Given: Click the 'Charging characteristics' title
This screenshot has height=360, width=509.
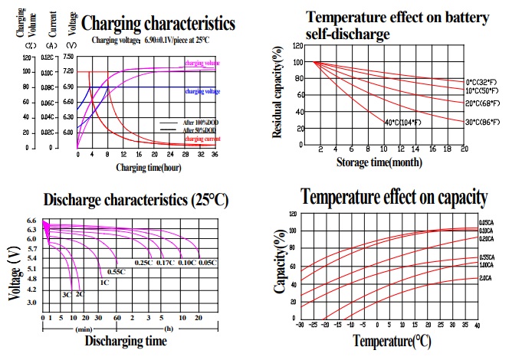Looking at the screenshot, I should click(x=158, y=24).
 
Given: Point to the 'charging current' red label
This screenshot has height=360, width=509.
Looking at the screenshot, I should click(x=201, y=139).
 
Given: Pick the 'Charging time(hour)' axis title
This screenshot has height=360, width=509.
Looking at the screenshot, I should click(x=149, y=166).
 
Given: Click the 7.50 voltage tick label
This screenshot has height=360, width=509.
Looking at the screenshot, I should click(x=68, y=57).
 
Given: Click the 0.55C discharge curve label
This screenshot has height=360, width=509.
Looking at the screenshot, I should click(x=117, y=272).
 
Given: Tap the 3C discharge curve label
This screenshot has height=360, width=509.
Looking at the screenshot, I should click(x=67, y=295).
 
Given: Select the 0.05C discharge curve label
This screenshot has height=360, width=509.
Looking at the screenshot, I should click(x=209, y=263).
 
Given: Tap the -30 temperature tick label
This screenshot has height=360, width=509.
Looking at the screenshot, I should click(x=301, y=326).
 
